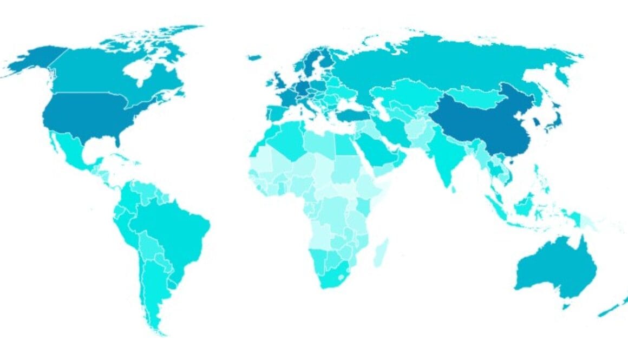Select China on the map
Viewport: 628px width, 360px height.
point(487,125)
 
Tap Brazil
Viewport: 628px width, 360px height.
point(173,227)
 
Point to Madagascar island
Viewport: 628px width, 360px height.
point(381,253)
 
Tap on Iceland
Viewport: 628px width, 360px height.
point(254,57)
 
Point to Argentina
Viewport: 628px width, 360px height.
point(154,287)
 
